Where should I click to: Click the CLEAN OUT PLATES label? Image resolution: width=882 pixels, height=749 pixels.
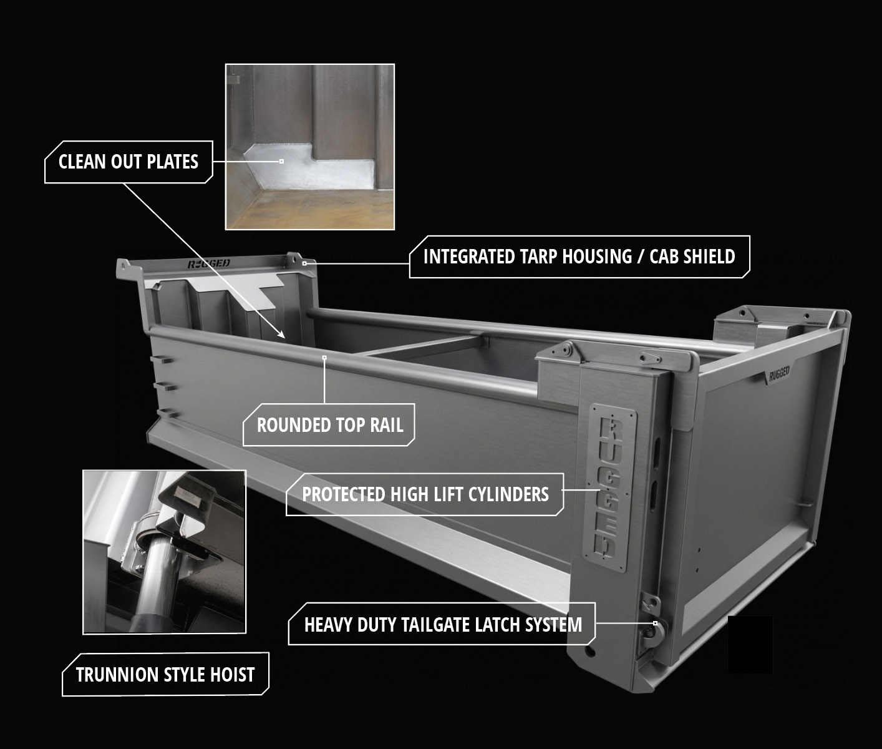[128, 162]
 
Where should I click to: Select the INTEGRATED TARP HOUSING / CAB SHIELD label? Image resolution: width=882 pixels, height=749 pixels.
[579, 257]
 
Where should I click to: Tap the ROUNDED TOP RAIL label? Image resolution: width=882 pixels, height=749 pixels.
[329, 425]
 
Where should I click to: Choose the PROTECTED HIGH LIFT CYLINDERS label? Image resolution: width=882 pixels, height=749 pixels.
[425, 494]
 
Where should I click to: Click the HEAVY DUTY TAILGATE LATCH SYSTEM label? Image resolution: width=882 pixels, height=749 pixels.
[442, 624]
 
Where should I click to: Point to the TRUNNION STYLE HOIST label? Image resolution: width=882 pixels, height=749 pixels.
[165, 675]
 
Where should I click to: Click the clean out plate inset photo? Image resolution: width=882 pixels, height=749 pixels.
[310, 147]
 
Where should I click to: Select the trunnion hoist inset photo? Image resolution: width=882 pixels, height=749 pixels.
[164, 552]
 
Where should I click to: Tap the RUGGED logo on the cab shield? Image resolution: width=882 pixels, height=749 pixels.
[209, 264]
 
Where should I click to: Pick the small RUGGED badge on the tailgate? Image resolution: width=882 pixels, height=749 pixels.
[779, 374]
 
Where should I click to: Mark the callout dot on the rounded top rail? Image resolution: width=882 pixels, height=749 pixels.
[324, 358]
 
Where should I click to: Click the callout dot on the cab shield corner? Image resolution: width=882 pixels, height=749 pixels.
[304, 263]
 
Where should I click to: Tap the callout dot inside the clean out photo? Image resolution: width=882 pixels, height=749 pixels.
[281, 162]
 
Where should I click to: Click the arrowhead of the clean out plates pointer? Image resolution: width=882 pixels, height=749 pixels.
[281, 335]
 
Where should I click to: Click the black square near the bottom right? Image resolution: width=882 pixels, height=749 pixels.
[750, 644]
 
